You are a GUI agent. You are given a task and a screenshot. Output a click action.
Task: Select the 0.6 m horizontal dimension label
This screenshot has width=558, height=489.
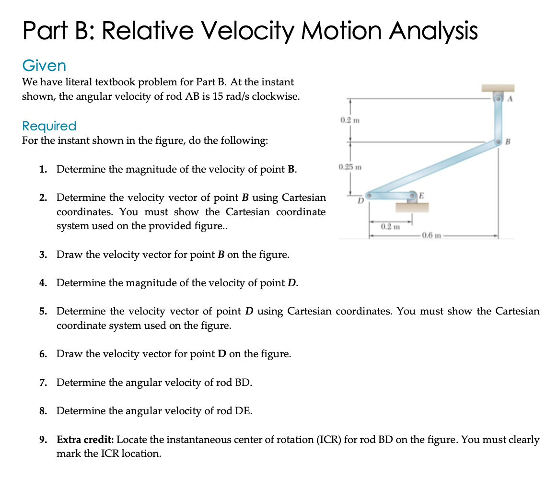point(429,236)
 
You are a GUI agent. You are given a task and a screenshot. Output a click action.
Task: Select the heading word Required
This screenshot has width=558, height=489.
point(49,126)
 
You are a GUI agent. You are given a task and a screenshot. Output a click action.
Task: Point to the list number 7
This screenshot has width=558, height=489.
point(43,383)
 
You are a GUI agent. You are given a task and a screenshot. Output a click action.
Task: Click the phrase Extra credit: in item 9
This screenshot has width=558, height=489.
point(85,440)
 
